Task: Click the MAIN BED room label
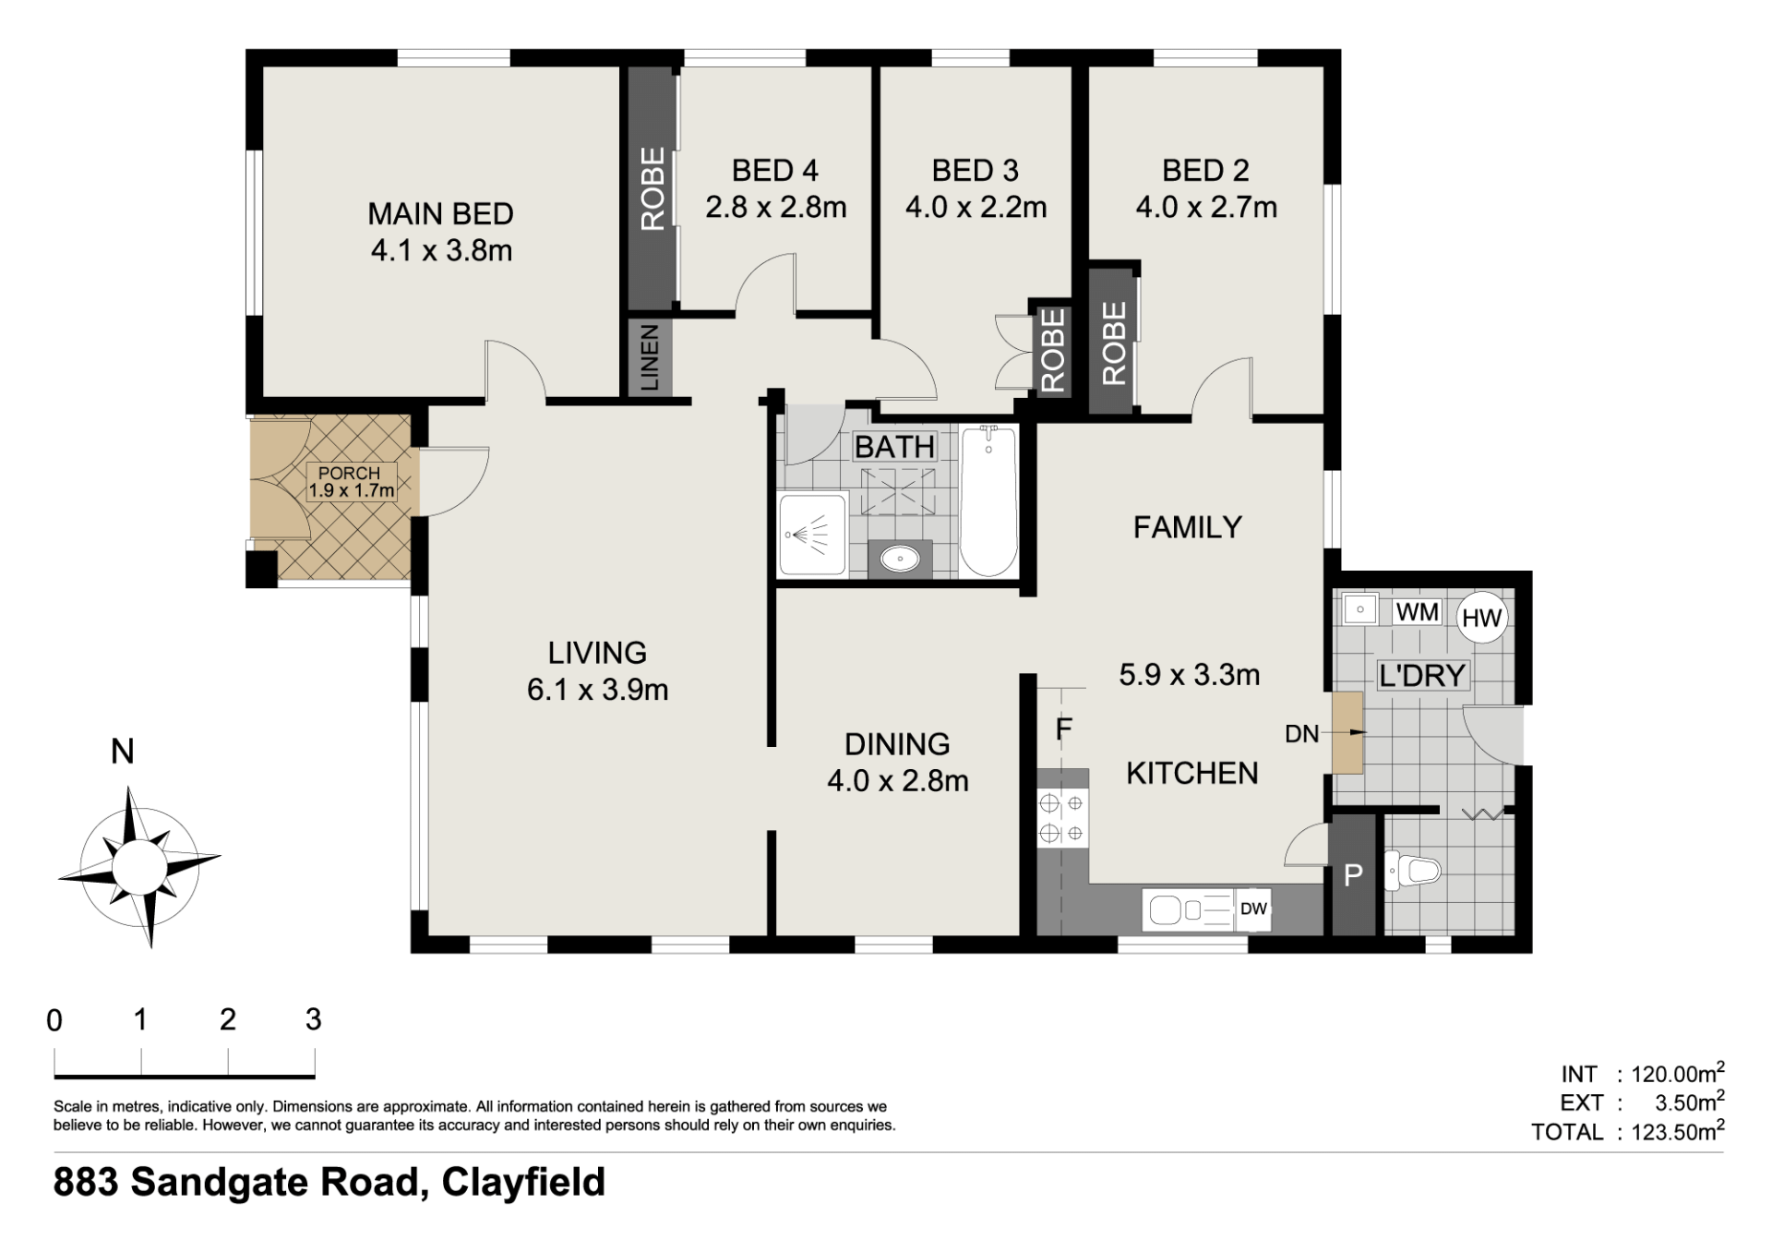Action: [x=440, y=213]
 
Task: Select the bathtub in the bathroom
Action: [x=988, y=501]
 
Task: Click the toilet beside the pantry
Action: [x=1413, y=871]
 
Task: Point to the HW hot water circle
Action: [x=1482, y=618]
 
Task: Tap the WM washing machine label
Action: [x=1417, y=612]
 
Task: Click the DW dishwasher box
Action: [x=1253, y=909]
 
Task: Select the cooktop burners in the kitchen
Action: [x=1062, y=818]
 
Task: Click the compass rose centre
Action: [x=139, y=867]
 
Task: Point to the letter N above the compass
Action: [x=123, y=752]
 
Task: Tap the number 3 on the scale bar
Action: [x=314, y=1019]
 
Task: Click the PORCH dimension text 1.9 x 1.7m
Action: [x=352, y=490]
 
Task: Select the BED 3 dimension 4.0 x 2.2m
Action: [x=976, y=207]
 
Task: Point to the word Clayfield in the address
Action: [x=523, y=1182]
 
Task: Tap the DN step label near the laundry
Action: [x=1301, y=734]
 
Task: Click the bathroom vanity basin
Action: [x=900, y=559]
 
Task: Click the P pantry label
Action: [x=1353, y=875]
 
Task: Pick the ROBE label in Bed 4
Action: [x=653, y=188]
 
